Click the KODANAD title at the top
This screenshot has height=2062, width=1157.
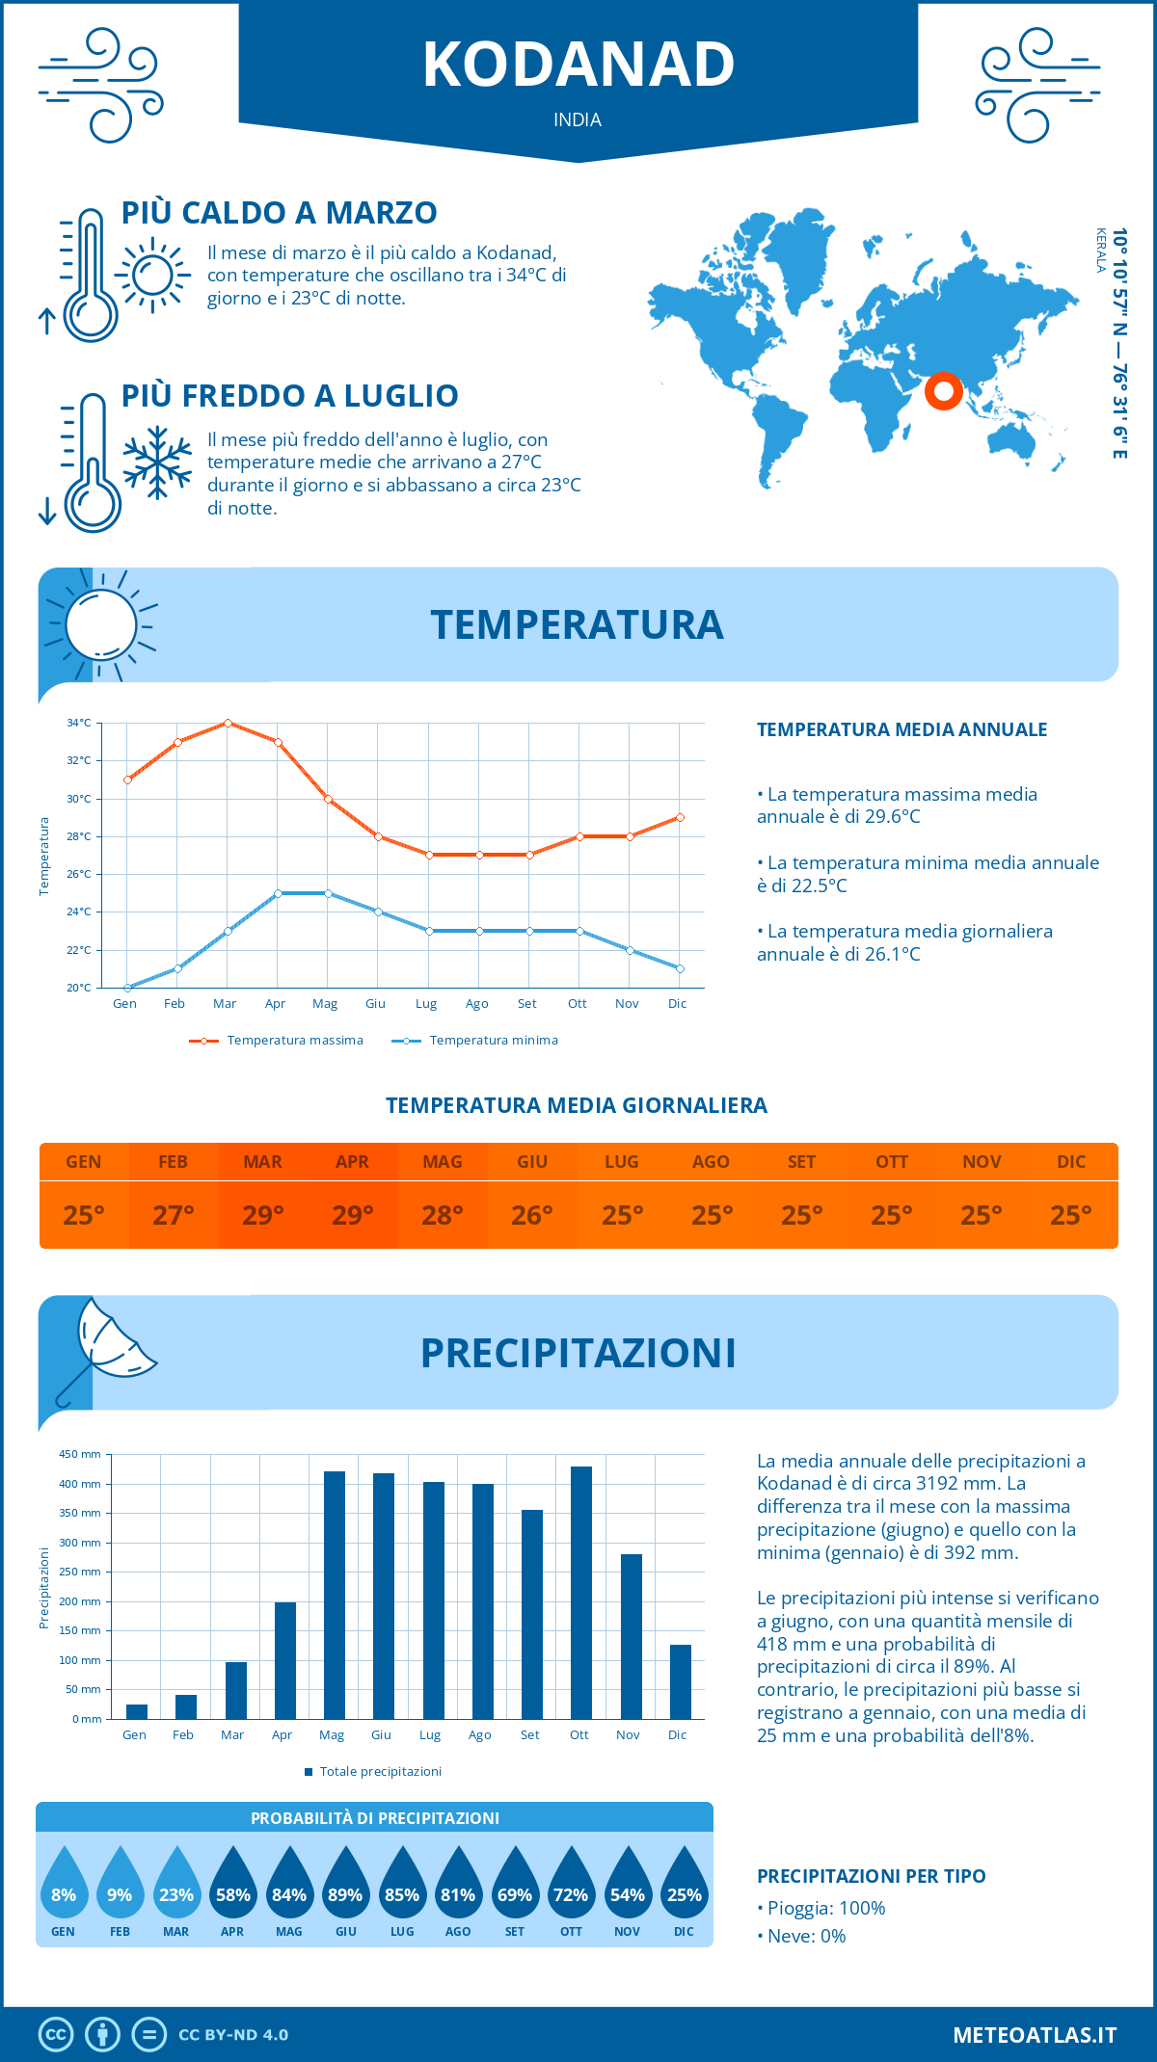tap(578, 65)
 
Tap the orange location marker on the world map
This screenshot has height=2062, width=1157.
tap(943, 391)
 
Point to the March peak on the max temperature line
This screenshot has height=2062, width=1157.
tap(228, 723)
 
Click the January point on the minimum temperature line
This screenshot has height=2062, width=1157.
tap(127, 988)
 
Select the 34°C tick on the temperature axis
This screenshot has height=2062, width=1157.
tap(79, 723)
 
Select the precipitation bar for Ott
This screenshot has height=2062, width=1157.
tap(580, 1592)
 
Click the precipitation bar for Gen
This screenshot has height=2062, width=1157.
tap(137, 1711)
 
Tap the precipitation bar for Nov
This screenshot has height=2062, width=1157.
tap(631, 1636)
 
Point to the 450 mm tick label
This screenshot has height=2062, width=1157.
tap(80, 1454)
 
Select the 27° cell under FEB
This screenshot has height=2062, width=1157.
tap(174, 1215)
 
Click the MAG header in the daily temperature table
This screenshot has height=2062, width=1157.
tap(443, 1162)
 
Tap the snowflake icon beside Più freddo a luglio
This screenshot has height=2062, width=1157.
tap(157, 463)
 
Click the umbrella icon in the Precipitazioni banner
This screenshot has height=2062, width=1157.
tap(106, 1349)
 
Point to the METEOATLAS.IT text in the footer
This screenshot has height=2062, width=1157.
tap(1035, 2035)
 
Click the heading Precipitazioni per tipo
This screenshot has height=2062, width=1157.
tap(872, 1876)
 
